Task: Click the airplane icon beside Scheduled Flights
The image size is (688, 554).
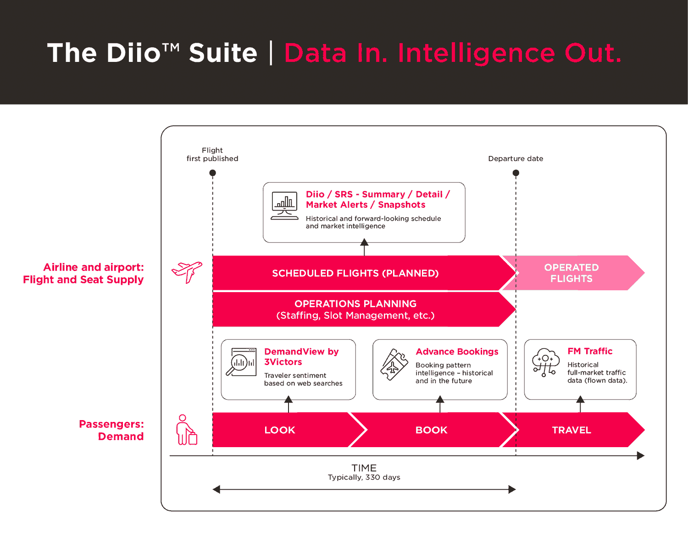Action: (187, 272)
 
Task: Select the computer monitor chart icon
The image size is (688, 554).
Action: (284, 205)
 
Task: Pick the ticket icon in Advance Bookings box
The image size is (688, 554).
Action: (394, 365)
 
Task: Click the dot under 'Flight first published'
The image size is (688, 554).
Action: (213, 173)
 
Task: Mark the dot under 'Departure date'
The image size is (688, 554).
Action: (516, 173)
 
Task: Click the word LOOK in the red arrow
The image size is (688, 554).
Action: (280, 430)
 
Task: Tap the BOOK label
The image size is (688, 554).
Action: (431, 430)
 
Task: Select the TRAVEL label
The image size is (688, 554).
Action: (571, 430)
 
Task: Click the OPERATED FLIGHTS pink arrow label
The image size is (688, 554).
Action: (571, 273)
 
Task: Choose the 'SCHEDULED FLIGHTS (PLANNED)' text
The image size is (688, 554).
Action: (355, 273)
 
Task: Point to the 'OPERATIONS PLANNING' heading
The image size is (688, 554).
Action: (355, 304)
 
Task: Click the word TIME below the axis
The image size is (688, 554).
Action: (364, 468)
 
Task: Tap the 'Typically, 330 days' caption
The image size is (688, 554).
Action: (364, 477)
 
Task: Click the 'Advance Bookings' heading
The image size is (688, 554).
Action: (457, 352)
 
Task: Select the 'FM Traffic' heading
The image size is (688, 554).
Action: (590, 351)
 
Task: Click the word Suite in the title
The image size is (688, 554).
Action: (223, 53)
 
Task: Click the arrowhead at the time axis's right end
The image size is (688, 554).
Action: (641, 455)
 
